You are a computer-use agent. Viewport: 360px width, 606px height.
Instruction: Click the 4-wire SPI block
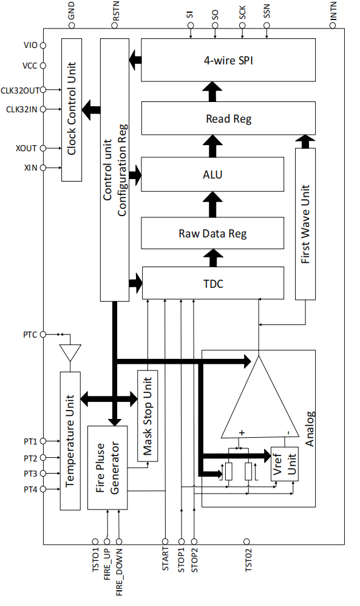tap(228, 60)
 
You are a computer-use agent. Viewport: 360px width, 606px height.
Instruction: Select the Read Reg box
tap(228, 118)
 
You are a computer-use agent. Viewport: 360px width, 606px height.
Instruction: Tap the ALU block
tap(212, 174)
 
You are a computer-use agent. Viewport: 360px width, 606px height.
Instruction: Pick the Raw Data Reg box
tap(212, 233)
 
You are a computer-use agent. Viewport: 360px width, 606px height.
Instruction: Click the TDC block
tap(213, 283)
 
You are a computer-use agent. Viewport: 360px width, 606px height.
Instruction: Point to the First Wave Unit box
tap(305, 224)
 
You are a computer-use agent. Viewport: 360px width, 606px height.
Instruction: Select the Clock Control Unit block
tap(72, 110)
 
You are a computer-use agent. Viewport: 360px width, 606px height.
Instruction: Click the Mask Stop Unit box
tap(148, 416)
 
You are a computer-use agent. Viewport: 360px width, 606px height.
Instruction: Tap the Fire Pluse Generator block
tap(107, 468)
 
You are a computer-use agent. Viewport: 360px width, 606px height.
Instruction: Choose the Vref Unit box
tap(285, 464)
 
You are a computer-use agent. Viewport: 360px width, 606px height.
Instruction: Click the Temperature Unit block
tap(70, 441)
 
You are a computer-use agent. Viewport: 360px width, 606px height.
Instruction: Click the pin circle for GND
tap(72, 26)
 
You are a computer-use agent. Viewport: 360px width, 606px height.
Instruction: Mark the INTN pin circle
tap(333, 26)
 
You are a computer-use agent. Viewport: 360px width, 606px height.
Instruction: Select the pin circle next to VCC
tap(43, 66)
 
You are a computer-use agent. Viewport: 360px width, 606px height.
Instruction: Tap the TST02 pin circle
tap(247, 542)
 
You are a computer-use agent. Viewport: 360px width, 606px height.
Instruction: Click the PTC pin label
tap(30, 335)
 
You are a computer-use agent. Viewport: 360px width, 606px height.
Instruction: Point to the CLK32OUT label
tap(20, 90)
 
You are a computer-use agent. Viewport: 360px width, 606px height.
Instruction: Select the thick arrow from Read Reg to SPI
tap(212, 92)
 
